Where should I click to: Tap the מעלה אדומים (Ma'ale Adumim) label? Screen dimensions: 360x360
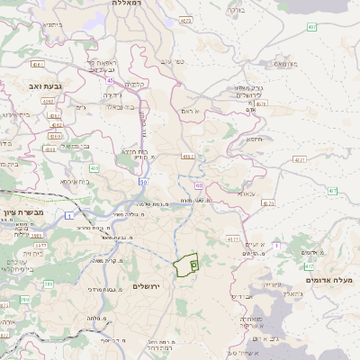(329, 281)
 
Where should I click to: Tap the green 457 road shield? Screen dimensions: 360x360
(311, 27)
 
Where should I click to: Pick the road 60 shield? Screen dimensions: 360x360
(199, 184)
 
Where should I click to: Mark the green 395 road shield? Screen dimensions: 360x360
(49, 283)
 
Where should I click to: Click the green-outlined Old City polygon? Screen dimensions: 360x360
(186, 264)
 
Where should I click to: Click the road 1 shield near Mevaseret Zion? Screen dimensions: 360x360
(68, 216)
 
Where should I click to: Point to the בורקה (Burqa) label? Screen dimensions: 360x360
(235, 10)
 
